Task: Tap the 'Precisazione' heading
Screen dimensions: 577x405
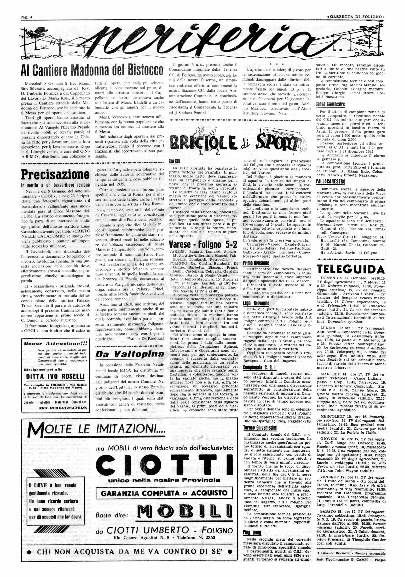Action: point(55,175)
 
